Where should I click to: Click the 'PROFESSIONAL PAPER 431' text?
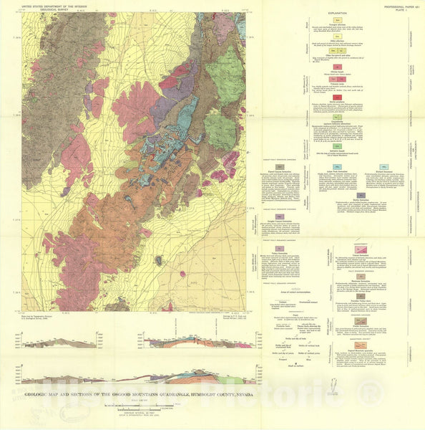tap(399, 4)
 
